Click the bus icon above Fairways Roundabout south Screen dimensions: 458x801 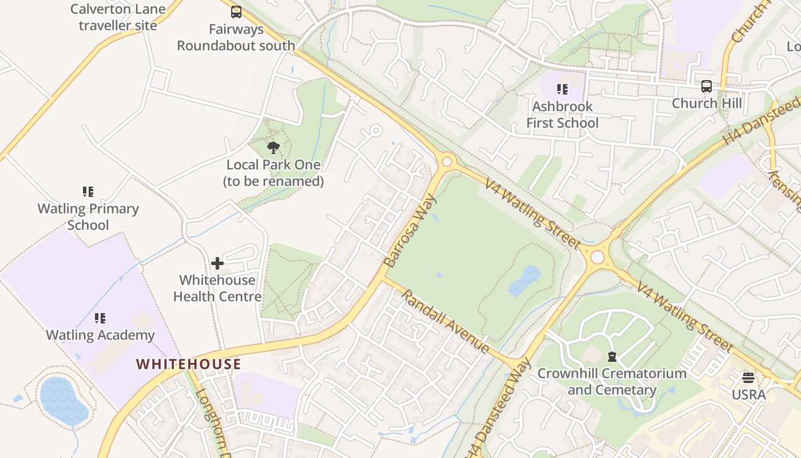tap(236, 12)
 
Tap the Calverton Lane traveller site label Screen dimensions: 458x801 tap(118, 17)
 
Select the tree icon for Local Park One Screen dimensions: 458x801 tap(273, 148)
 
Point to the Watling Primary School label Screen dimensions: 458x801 tap(88, 216)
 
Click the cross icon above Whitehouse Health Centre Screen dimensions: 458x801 tap(217, 263)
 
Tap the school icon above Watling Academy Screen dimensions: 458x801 tap(100, 318)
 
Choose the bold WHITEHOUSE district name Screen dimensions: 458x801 tap(189, 364)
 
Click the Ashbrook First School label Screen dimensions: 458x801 tap(562, 114)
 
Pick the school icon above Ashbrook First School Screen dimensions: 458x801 tap(562, 89)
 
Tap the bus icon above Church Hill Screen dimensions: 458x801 tap(707, 86)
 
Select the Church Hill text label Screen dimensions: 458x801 tap(707, 104)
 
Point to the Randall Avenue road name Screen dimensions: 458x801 tap(445, 321)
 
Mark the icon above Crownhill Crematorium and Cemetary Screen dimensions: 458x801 tap(612, 357)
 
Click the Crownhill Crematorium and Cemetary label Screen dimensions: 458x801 tap(612, 382)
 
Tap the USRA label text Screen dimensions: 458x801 tap(748, 395)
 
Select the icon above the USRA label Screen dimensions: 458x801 tap(748, 378)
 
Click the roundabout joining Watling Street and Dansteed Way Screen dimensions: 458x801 tap(597, 257)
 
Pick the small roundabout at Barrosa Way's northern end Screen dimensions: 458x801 tap(447, 162)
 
